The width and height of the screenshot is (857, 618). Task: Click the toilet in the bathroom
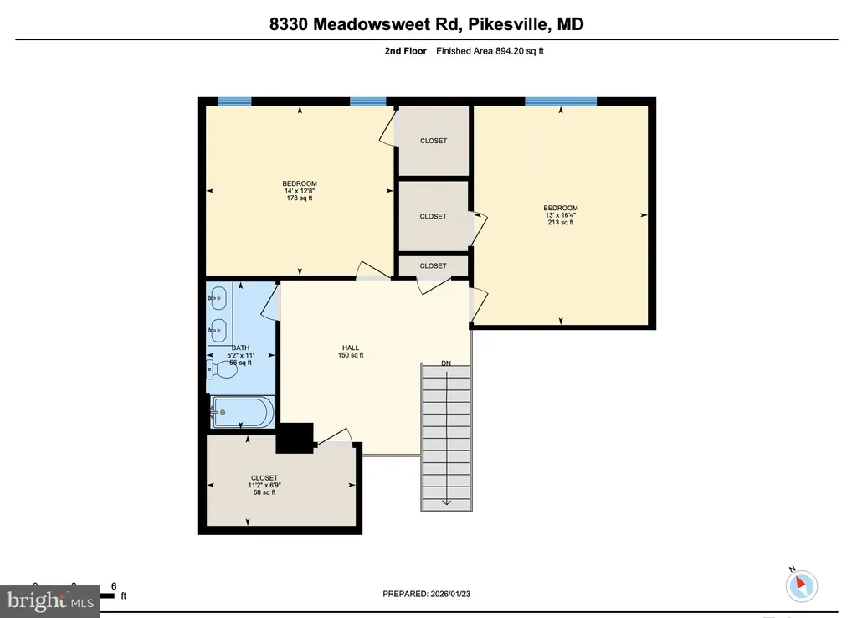(219, 366)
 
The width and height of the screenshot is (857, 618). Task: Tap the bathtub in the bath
(241, 411)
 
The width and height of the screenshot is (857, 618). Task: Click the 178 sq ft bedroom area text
(300, 198)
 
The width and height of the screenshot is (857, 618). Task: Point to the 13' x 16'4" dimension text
(560, 215)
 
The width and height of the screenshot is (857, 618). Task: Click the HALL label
(351, 348)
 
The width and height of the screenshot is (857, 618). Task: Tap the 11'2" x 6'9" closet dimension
(264, 485)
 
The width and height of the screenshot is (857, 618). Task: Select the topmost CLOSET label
(434, 141)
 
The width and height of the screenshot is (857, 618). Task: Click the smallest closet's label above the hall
(434, 266)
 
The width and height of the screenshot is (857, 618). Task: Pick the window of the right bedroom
(561, 101)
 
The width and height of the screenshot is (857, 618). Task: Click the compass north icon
(802, 585)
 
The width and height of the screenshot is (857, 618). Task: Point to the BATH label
(241, 348)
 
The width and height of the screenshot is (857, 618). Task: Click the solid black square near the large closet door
(294, 438)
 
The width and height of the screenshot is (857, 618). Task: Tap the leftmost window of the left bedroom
(234, 101)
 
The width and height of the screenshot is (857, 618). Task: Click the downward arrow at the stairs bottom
(446, 502)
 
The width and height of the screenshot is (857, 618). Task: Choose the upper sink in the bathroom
(219, 296)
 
